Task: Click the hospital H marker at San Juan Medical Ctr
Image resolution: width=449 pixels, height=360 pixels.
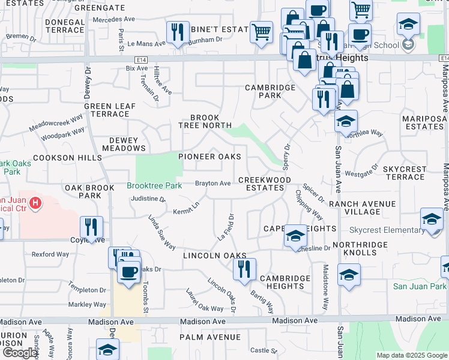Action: click(x=35, y=203)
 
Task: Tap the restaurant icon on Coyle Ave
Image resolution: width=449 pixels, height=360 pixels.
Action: click(x=91, y=227)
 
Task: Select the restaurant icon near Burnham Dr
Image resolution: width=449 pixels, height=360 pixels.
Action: click(x=176, y=32)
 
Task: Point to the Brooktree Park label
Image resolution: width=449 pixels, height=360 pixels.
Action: click(x=154, y=186)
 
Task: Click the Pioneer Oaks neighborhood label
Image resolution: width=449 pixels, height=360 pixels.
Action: click(x=209, y=157)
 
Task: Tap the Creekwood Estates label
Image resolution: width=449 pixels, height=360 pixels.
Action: click(x=265, y=184)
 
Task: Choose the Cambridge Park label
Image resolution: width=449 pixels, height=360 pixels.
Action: click(x=271, y=91)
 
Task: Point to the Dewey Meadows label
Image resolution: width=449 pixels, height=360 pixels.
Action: click(x=124, y=144)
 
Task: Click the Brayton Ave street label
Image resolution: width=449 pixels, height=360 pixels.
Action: click(x=212, y=183)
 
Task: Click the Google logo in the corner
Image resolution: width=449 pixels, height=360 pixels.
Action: click(x=19, y=353)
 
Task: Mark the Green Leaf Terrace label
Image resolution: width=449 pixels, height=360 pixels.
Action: click(x=106, y=110)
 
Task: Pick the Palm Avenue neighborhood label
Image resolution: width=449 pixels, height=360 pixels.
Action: click(x=210, y=337)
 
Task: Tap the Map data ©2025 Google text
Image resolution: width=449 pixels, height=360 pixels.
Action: click(x=412, y=355)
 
